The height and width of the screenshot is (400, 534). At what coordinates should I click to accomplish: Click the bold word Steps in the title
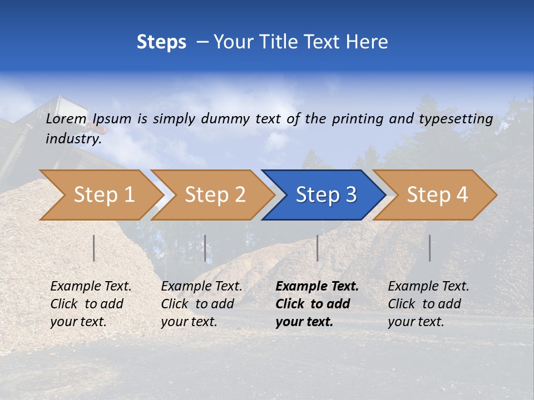[x=161, y=42]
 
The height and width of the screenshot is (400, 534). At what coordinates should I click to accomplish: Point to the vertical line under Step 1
[x=94, y=248]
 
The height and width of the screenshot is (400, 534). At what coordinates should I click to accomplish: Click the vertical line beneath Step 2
[x=205, y=248]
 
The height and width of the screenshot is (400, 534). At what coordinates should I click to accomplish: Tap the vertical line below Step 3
[x=317, y=248]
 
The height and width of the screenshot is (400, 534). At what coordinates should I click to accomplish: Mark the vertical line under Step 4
[x=430, y=248]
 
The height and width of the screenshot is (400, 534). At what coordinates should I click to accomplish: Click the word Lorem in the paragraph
[x=66, y=118]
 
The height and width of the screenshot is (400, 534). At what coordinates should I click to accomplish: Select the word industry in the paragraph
[x=73, y=138]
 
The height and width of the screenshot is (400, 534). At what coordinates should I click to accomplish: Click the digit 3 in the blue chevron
[x=350, y=195]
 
